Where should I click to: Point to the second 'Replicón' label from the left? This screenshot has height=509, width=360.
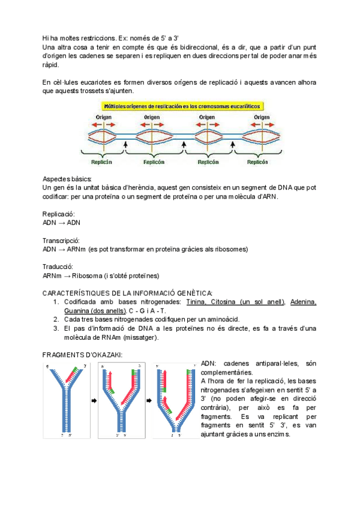click(154, 161)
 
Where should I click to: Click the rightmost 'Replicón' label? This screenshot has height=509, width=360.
click(257, 161)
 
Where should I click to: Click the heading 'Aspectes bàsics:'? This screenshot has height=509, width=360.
click(67, 179)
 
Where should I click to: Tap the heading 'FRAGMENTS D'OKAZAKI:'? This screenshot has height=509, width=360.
click(82, 355)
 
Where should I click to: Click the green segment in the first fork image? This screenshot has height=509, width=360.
click(75, 369)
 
